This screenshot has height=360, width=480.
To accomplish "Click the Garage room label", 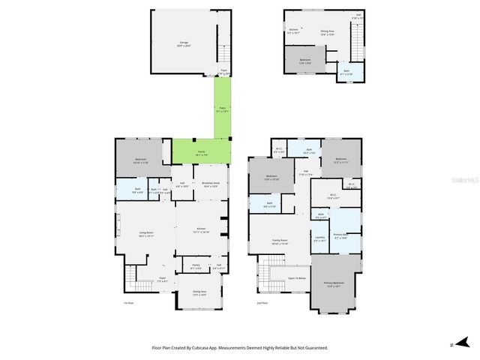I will (x=184, y=43).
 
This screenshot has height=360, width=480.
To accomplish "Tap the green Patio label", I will (x=222, y=109).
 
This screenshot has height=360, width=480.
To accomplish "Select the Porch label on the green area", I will (x=202, y=153).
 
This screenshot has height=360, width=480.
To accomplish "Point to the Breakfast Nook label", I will (x=211, y=184).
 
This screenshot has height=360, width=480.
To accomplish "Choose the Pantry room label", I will (x=196, y=265).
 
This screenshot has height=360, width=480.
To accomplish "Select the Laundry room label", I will (x=319, y=239).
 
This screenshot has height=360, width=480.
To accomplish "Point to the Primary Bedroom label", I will (x=332, y=284).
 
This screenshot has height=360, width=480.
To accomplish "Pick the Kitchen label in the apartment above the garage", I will (x=293, y=31).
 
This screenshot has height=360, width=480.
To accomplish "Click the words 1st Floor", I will (x=128, y=303).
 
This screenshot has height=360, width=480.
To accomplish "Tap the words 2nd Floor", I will (x=262, y=303).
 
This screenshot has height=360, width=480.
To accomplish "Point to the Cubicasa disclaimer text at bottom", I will (x=240, y=347).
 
